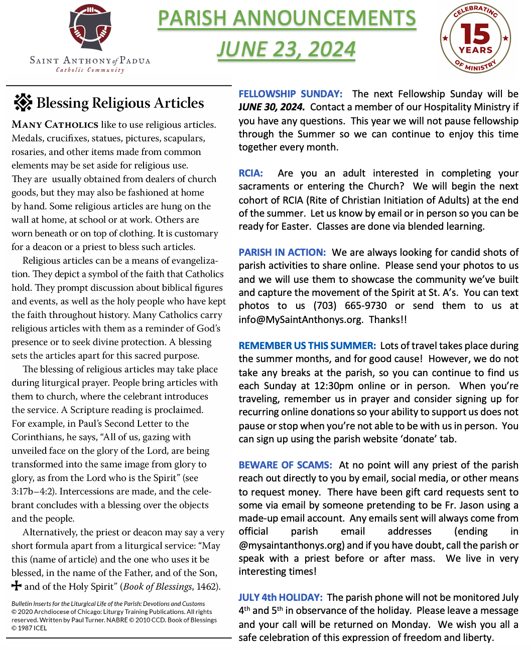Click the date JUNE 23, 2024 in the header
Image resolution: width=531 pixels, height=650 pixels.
click(x=286, y=49)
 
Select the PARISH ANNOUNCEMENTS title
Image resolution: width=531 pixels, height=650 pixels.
click(x=287, y=19)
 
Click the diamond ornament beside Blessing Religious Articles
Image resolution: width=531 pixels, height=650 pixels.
click(x=23, y=102)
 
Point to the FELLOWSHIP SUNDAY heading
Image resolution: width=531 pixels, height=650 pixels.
click(x=290, y=94)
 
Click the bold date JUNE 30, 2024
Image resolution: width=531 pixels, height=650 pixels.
click(x=271, y=107)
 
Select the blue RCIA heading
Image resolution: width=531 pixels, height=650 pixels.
click(x=250, y=173)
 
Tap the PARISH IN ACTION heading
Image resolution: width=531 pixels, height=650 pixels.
click(x=282, y=252)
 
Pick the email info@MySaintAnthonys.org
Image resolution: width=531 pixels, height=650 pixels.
click(x=301, y=319)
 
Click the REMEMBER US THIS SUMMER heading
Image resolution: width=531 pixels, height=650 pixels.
click(x=307, y=346)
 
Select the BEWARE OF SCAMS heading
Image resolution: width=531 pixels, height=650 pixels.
click(x=285, y=465)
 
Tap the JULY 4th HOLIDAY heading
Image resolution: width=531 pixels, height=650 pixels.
click(x=280, y=597)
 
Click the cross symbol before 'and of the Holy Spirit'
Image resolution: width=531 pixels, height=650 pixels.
click(x=17, y=585)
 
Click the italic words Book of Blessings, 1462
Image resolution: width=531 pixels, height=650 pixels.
click(x=170, y=586)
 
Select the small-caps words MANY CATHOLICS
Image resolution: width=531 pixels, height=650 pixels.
click(x=55, y=124)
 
